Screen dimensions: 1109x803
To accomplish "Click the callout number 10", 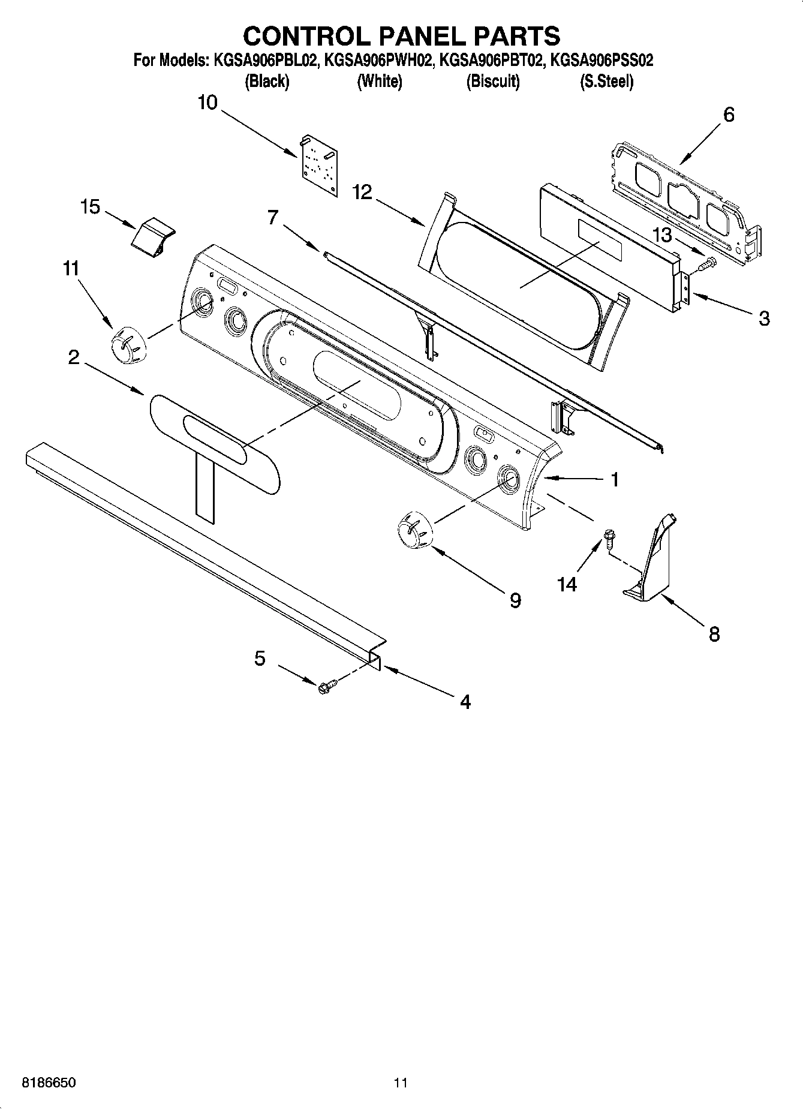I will (207, 103).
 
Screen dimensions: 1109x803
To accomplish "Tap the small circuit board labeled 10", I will (319, 164).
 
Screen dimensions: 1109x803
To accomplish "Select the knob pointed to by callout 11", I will (127, 346).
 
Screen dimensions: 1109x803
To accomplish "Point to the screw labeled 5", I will (326, 685).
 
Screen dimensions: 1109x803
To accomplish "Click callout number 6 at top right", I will (729, 115).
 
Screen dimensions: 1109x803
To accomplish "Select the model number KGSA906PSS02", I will (602, 61).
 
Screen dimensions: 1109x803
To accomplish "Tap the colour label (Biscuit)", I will (493, 82).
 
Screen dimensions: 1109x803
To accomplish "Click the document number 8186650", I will (49, 1083).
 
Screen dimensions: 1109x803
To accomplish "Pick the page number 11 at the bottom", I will (401, 1083).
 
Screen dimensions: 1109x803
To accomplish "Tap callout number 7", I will (273, 217).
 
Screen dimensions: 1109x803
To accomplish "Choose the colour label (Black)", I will (267, 82).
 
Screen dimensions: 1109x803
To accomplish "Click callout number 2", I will (73, 358).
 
